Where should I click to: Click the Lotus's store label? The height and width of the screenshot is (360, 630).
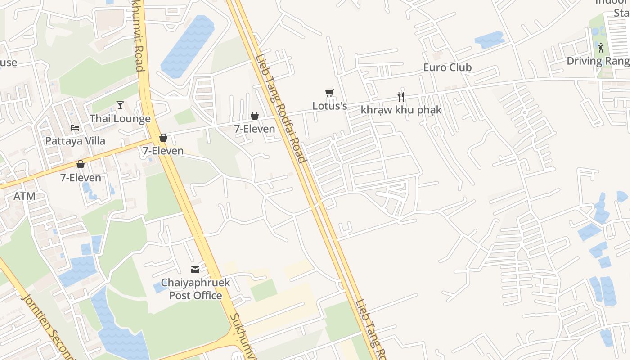[330, 106]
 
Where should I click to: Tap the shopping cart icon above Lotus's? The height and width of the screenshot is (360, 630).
[329, 93]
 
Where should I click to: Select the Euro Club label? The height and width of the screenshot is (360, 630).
[447, 67]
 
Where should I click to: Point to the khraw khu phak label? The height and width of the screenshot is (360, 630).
[401, 110]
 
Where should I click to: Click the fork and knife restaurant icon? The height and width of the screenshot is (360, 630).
[401, 96]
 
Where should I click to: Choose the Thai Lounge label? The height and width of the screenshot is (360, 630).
[120, 119]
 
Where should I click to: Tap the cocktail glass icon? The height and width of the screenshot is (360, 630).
[120, 105]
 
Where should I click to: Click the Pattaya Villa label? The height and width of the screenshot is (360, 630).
[75, 141]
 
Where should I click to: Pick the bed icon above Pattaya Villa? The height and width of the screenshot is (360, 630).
[75, 128]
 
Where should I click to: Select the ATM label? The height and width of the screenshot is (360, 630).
[24, 196]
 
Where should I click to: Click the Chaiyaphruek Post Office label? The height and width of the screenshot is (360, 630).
[195, 289]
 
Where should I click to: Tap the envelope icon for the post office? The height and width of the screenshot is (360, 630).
[195, 270]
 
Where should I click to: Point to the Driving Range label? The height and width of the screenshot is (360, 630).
[598, 61]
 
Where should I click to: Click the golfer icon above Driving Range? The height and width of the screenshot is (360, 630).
[601, 47]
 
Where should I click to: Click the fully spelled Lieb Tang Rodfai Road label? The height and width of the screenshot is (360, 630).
[280, 109]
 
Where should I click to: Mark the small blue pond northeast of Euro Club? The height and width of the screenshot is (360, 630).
[490, 40]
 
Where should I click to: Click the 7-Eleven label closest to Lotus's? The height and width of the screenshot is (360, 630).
[255, 129]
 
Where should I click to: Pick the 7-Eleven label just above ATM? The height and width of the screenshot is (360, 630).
[81, 178]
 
